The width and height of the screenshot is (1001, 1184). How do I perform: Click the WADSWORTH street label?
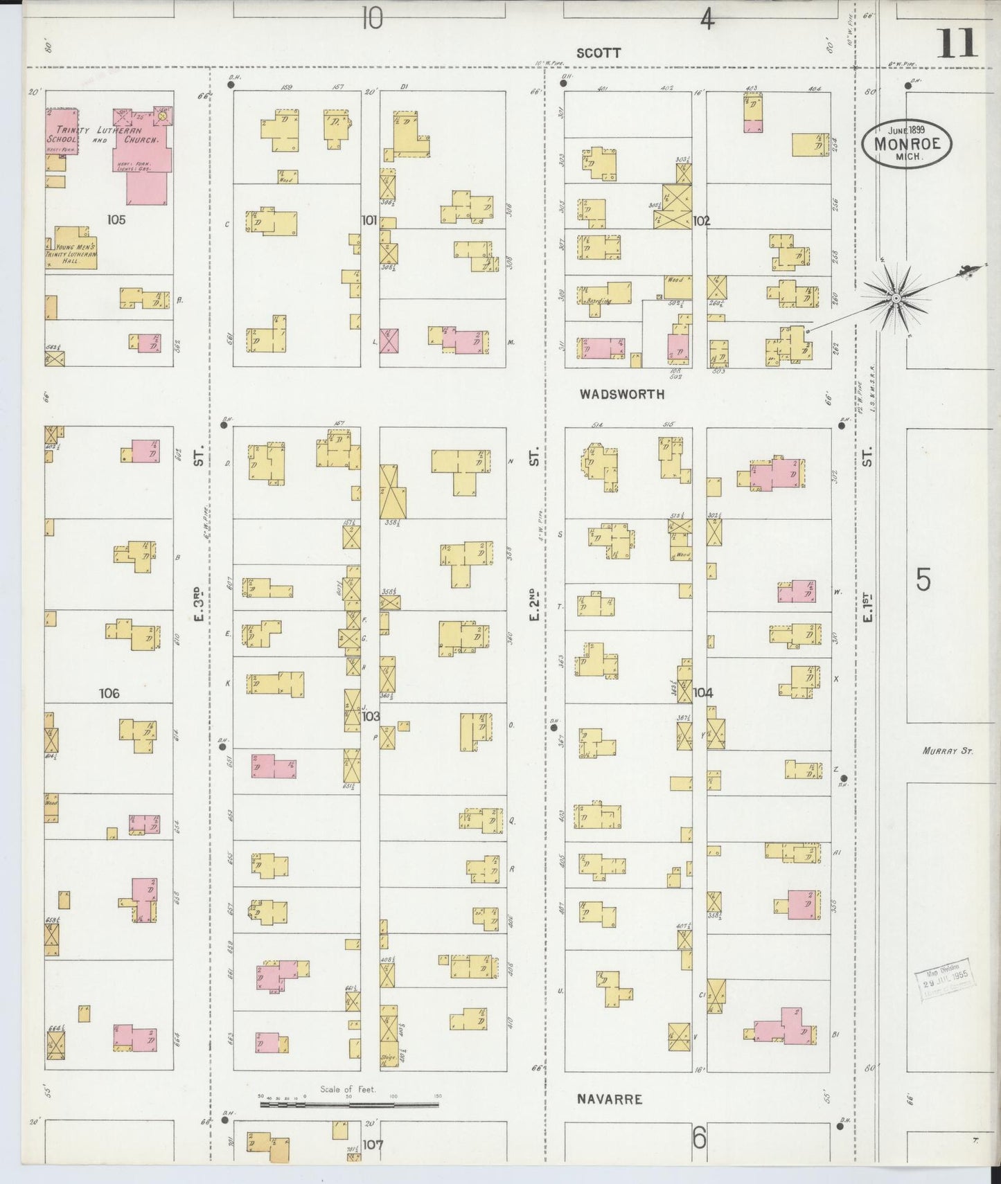pyautogui.click(x=621, y=394)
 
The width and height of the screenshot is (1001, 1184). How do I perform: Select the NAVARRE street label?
pyautogui.click(x=610, y=1099)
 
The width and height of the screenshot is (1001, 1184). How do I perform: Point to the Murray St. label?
pyautogui.click(x=948, y=750)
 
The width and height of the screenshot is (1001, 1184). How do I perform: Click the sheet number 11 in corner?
pyautogui.click(x=958, y=44)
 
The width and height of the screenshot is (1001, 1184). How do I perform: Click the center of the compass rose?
pyautogui.click(x=895, y=298)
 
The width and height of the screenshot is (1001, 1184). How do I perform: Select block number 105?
pyautogui.click(x=116, y=219)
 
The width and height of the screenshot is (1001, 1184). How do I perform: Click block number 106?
pyautogui.click(x=109, y=693)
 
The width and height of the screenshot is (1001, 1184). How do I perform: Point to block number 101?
pyautogui.click(x=369, y=220)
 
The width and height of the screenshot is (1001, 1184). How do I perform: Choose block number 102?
pyautogui.click(x=701, y=221)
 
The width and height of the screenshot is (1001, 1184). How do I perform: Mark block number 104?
pyautogui.click(x=702, y=692)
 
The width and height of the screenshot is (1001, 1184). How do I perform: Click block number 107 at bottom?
pyautogui.click(x=372, y=1145)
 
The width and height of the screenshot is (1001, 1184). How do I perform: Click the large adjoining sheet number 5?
pyautogui.click(x=923, y=580)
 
